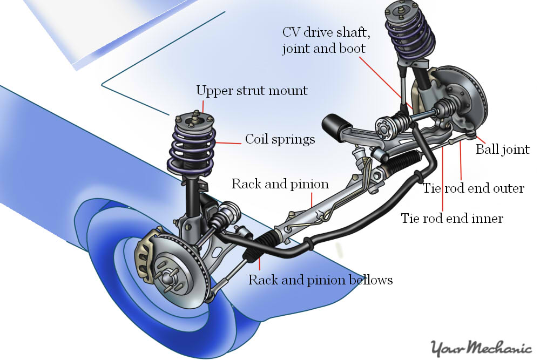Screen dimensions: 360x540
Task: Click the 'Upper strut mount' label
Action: tap(252, 90)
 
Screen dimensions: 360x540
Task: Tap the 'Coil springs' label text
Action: tap(280, 139)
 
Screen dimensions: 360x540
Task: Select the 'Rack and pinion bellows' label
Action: tap(320, 280)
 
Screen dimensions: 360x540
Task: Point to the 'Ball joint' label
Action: tap(502, 149)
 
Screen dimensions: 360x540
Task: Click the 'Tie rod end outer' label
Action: tap(473, 188)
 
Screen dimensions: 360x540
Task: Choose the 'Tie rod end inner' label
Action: tap(451, 218)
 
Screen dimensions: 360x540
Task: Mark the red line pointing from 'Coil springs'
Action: tap(229, 142)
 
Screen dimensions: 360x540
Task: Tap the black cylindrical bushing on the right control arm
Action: tap(332, 125)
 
